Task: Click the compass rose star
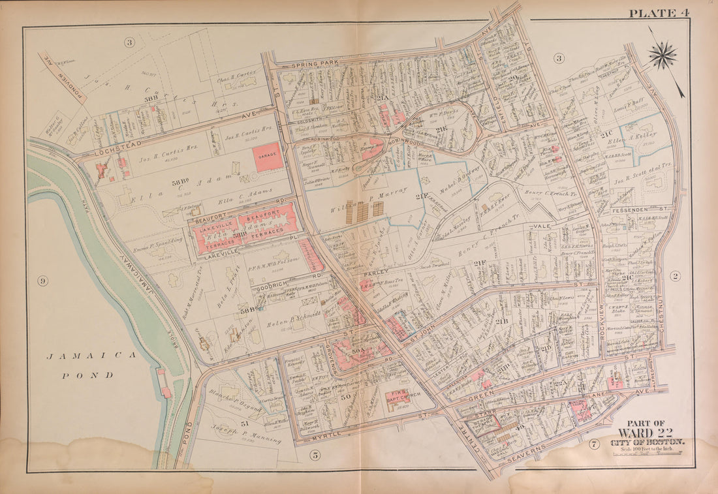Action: coord(663,55)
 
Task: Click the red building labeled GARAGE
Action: coord(268,157)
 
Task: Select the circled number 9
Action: coord(42,281)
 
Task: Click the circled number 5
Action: coord(315,455)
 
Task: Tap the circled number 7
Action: coord(593,445)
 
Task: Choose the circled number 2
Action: coord(675,276)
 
